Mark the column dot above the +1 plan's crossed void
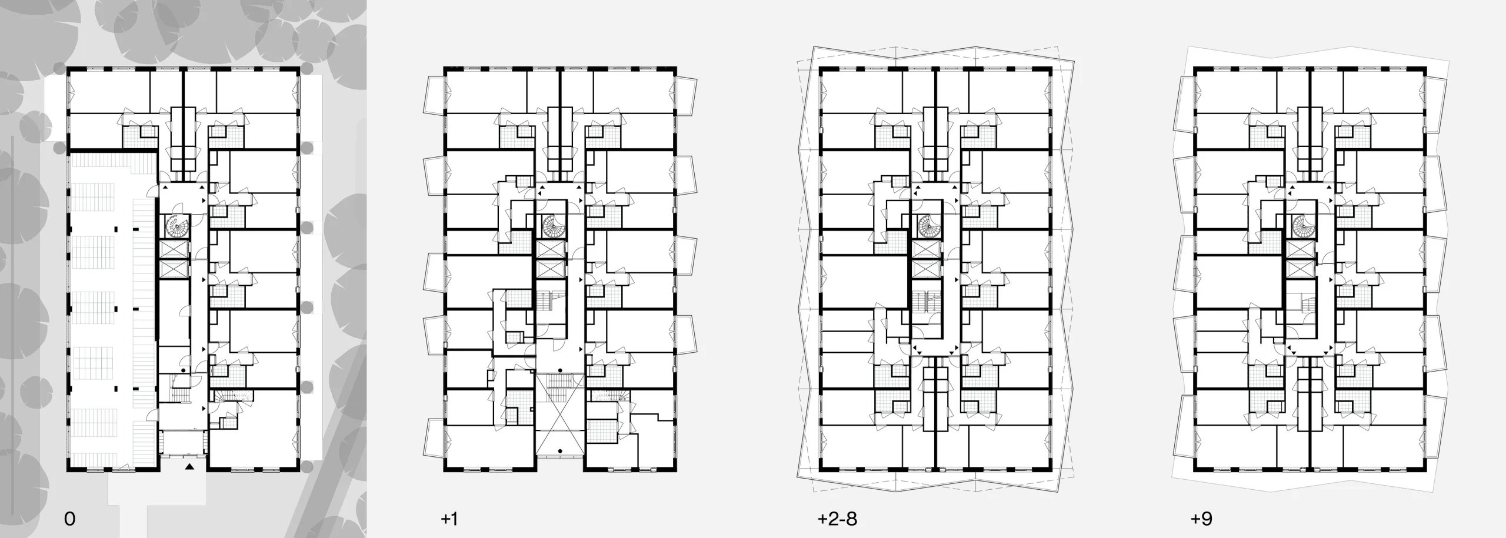(561, 370)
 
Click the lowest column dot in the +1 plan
(561, 452)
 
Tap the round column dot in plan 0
(184, 370)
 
